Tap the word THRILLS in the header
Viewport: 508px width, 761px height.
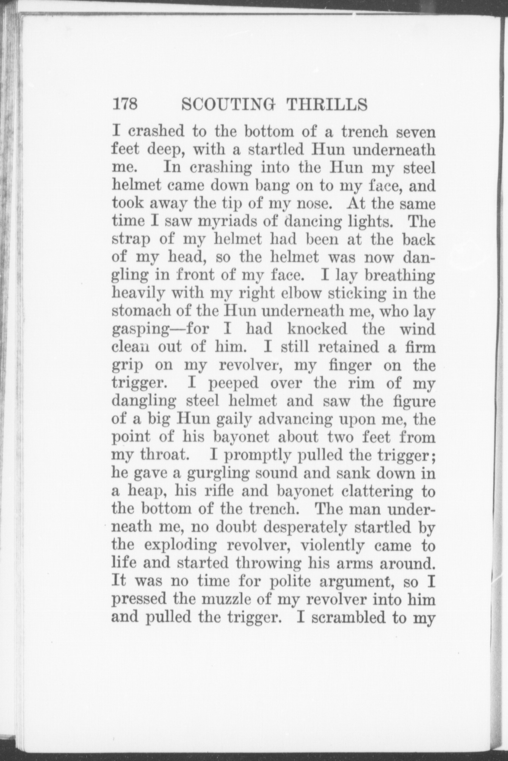coord(327,104)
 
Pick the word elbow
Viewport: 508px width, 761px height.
coord(300,293)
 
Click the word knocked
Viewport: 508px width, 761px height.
coord(317,329)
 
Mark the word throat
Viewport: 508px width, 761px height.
coord(164,455)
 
